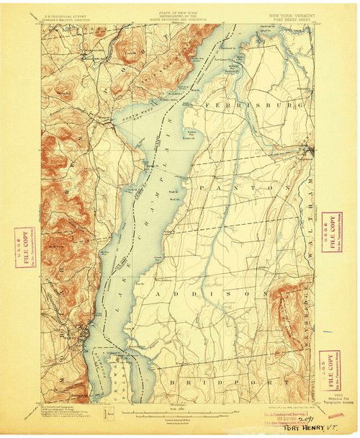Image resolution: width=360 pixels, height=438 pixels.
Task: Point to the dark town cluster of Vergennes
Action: [x=307, y=151]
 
